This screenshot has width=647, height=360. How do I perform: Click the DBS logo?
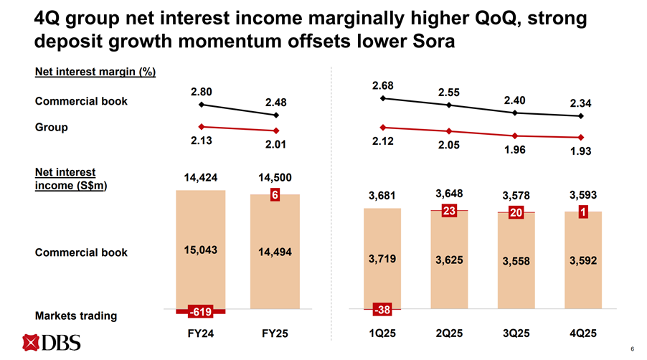pos(51,344)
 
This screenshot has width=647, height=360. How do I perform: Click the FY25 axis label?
pos(275,334)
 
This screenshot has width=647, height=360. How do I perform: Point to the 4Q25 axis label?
pos(583,334)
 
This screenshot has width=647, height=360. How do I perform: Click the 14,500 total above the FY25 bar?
pos(275,177)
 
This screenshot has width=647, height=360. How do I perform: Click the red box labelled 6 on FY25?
pos(275,196)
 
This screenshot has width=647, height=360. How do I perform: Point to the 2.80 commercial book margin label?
pos(202,92)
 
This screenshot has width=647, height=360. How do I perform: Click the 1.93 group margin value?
pos(581,152)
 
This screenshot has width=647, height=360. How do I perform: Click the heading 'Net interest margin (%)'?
pos(95,72)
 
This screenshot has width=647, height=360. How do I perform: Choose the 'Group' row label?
pos(52,127)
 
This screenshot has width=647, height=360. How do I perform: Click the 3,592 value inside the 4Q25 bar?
pos(582,260)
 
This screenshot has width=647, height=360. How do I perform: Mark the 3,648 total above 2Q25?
pos(450,194)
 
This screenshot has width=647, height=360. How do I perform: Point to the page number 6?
pos(632,349)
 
